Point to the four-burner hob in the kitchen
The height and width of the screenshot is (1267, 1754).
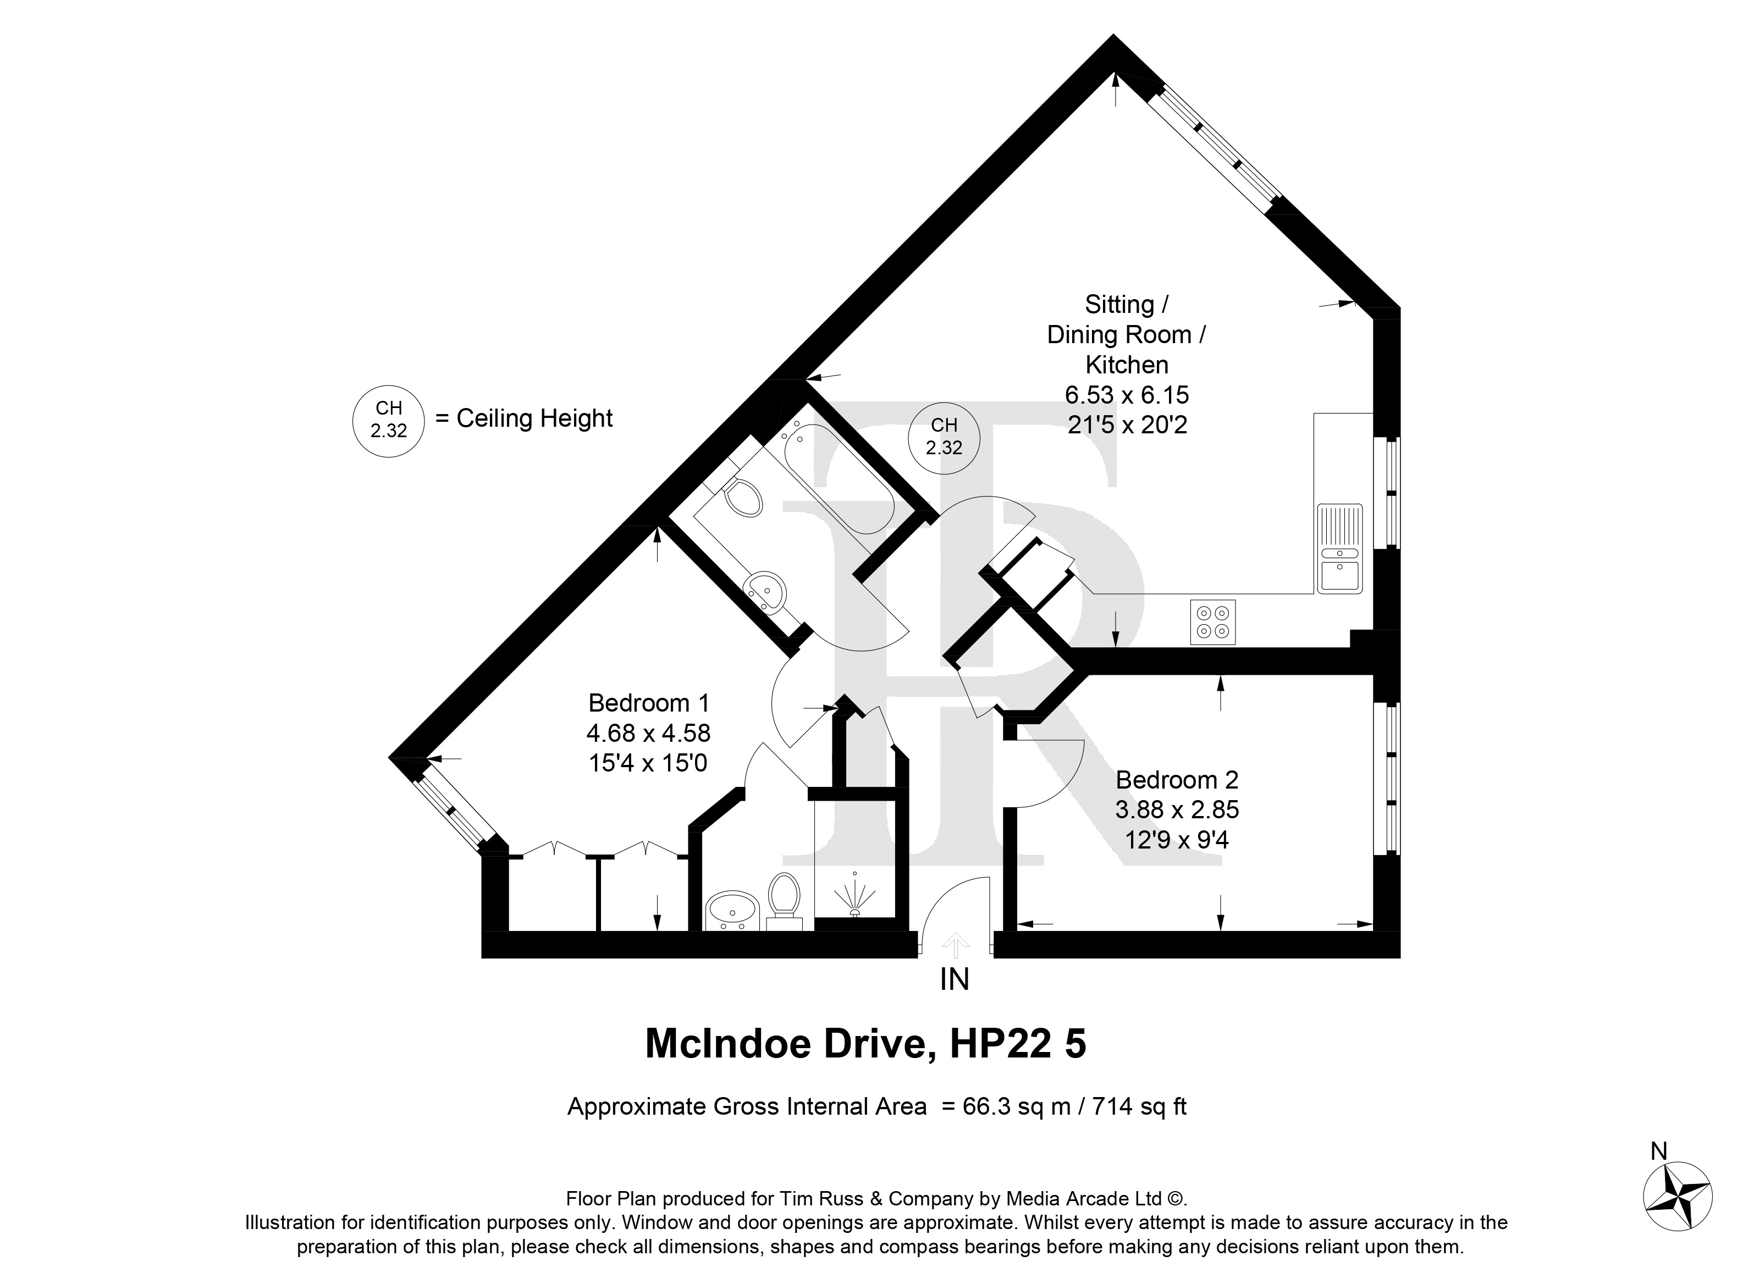pyautogui.click(x=1212, y=622)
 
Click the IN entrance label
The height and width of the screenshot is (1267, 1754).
pyautogui.click(x=955, y=980)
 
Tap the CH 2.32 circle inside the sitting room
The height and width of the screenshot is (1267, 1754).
pyautogui.click(x=944, y=437)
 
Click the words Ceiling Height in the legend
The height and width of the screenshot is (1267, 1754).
pyautogui.click(x=534, y=418)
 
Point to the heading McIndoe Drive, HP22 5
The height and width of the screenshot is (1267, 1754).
pyautogui.click(x=865, y=1043)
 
